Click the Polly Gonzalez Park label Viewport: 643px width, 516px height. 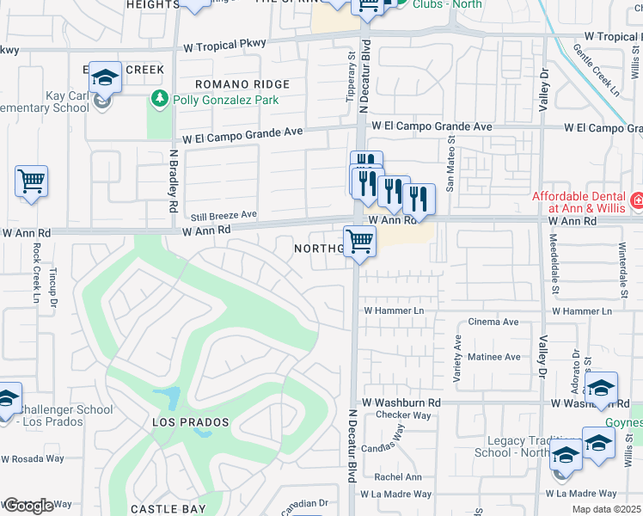226,100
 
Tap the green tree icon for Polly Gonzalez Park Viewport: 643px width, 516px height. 158,100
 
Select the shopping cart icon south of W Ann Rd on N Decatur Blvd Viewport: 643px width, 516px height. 359,241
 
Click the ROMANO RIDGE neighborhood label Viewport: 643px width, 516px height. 242,84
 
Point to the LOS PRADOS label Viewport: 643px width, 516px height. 191,422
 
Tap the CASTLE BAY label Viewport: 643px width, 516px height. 168,509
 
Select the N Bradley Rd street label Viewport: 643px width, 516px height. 173,181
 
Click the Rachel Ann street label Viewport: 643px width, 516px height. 398,477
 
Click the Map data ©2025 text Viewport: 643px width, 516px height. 607,509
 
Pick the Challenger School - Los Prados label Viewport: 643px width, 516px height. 57,416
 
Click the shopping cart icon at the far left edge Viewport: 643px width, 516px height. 31,181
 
